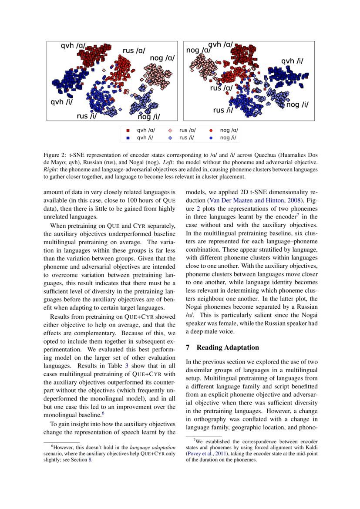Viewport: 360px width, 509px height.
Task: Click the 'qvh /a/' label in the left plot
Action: coord(73,45)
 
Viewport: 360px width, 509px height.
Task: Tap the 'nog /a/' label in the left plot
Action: coord(162,58)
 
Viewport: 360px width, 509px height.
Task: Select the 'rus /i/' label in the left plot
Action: coord(86,116)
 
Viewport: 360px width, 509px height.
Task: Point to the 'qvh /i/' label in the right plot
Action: coord(292,61)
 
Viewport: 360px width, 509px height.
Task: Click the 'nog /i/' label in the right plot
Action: coord(297,104)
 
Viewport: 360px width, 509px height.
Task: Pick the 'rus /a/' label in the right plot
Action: coord(221,88)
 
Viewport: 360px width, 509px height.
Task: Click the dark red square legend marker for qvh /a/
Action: coord(128,130)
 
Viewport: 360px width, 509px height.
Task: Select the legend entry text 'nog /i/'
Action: coord(229,138)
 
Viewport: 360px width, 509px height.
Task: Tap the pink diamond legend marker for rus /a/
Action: coord(170,130)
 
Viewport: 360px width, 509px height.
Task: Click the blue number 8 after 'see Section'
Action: coord(90,460)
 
